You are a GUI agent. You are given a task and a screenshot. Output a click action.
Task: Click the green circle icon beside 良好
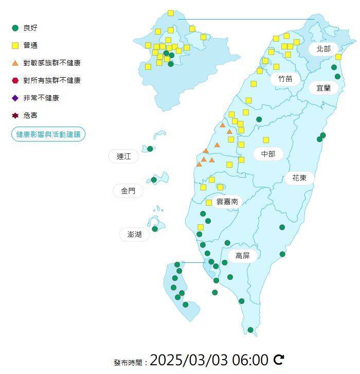click(15, 28)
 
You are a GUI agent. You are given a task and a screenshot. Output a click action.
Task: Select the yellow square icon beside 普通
click(15, 45)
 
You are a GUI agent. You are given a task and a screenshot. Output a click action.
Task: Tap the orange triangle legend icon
click(15, 63)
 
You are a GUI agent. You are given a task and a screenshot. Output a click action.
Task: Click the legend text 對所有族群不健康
click(52, 80)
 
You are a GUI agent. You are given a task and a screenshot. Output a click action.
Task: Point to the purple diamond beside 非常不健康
click(15, 98)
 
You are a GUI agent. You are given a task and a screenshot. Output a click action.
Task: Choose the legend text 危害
click(30, 115)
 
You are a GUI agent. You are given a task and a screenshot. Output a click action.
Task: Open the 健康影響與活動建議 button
click(48, 134)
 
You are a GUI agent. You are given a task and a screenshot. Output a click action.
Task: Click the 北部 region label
click(323, 49)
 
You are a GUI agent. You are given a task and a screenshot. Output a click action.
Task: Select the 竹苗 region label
click(285, 79)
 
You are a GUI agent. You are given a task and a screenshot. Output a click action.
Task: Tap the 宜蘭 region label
click(323, 87)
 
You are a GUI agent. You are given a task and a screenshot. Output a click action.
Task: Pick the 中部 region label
click(268, 153)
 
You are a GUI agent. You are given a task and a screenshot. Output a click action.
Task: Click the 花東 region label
click(299, 178)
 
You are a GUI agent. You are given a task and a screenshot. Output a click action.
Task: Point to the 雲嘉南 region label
click(227, 202)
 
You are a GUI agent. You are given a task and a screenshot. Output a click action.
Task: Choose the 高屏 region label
click(242, 256)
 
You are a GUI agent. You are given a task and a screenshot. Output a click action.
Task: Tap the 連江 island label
click(123, 156)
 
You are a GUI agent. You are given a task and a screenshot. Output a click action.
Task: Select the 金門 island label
click(128, 191)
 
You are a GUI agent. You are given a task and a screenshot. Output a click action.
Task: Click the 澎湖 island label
click(134, 235)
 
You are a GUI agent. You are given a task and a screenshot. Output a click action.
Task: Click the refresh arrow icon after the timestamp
click(279, 359)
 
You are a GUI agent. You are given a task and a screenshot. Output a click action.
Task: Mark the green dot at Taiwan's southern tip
click(250, 330)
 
